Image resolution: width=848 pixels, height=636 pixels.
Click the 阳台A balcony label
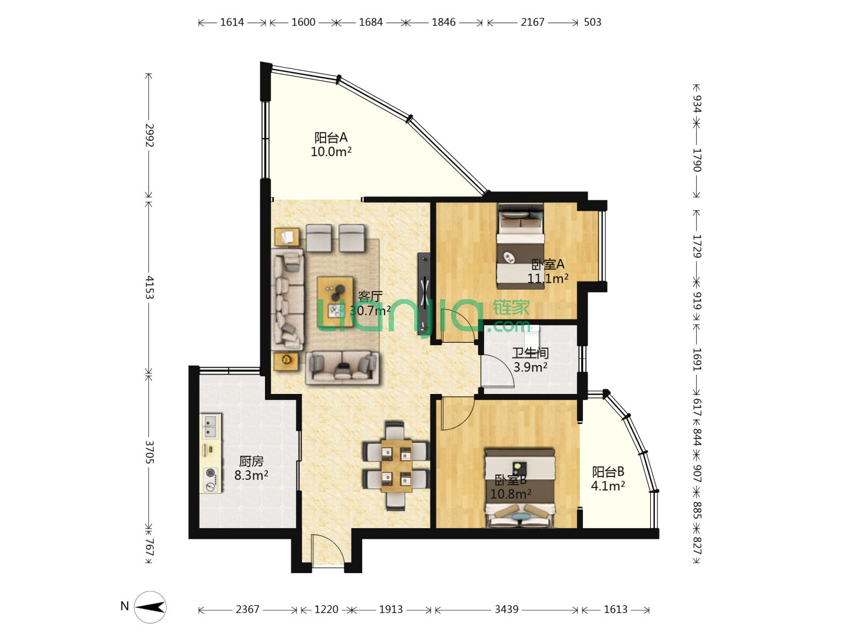pos(330,137)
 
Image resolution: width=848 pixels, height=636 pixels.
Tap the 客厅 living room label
pos(370,296)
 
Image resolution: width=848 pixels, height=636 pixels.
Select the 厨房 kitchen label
pos(251,461)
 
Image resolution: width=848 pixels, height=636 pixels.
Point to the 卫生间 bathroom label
pos(530,353)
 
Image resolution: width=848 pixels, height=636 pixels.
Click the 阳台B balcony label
pos(608,472)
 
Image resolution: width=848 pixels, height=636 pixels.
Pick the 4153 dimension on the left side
pos(150,287)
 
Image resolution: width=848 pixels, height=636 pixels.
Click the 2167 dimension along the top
pos(532,22)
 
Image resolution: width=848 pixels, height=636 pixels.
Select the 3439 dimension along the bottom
pos(506,609)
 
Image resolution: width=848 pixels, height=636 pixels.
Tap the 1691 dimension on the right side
pos(697,359)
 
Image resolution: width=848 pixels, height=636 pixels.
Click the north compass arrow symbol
pos(150,607)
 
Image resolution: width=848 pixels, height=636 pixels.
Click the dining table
pos(396,466)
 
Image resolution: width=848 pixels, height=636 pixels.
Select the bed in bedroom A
pos(521,246)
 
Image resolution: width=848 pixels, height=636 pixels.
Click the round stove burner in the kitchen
pos(210,472)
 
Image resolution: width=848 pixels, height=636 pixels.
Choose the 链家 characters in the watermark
pos(511,308)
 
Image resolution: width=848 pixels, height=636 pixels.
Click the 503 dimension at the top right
pos(592,22)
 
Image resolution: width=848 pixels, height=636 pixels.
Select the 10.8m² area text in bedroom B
pos(511,494)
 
